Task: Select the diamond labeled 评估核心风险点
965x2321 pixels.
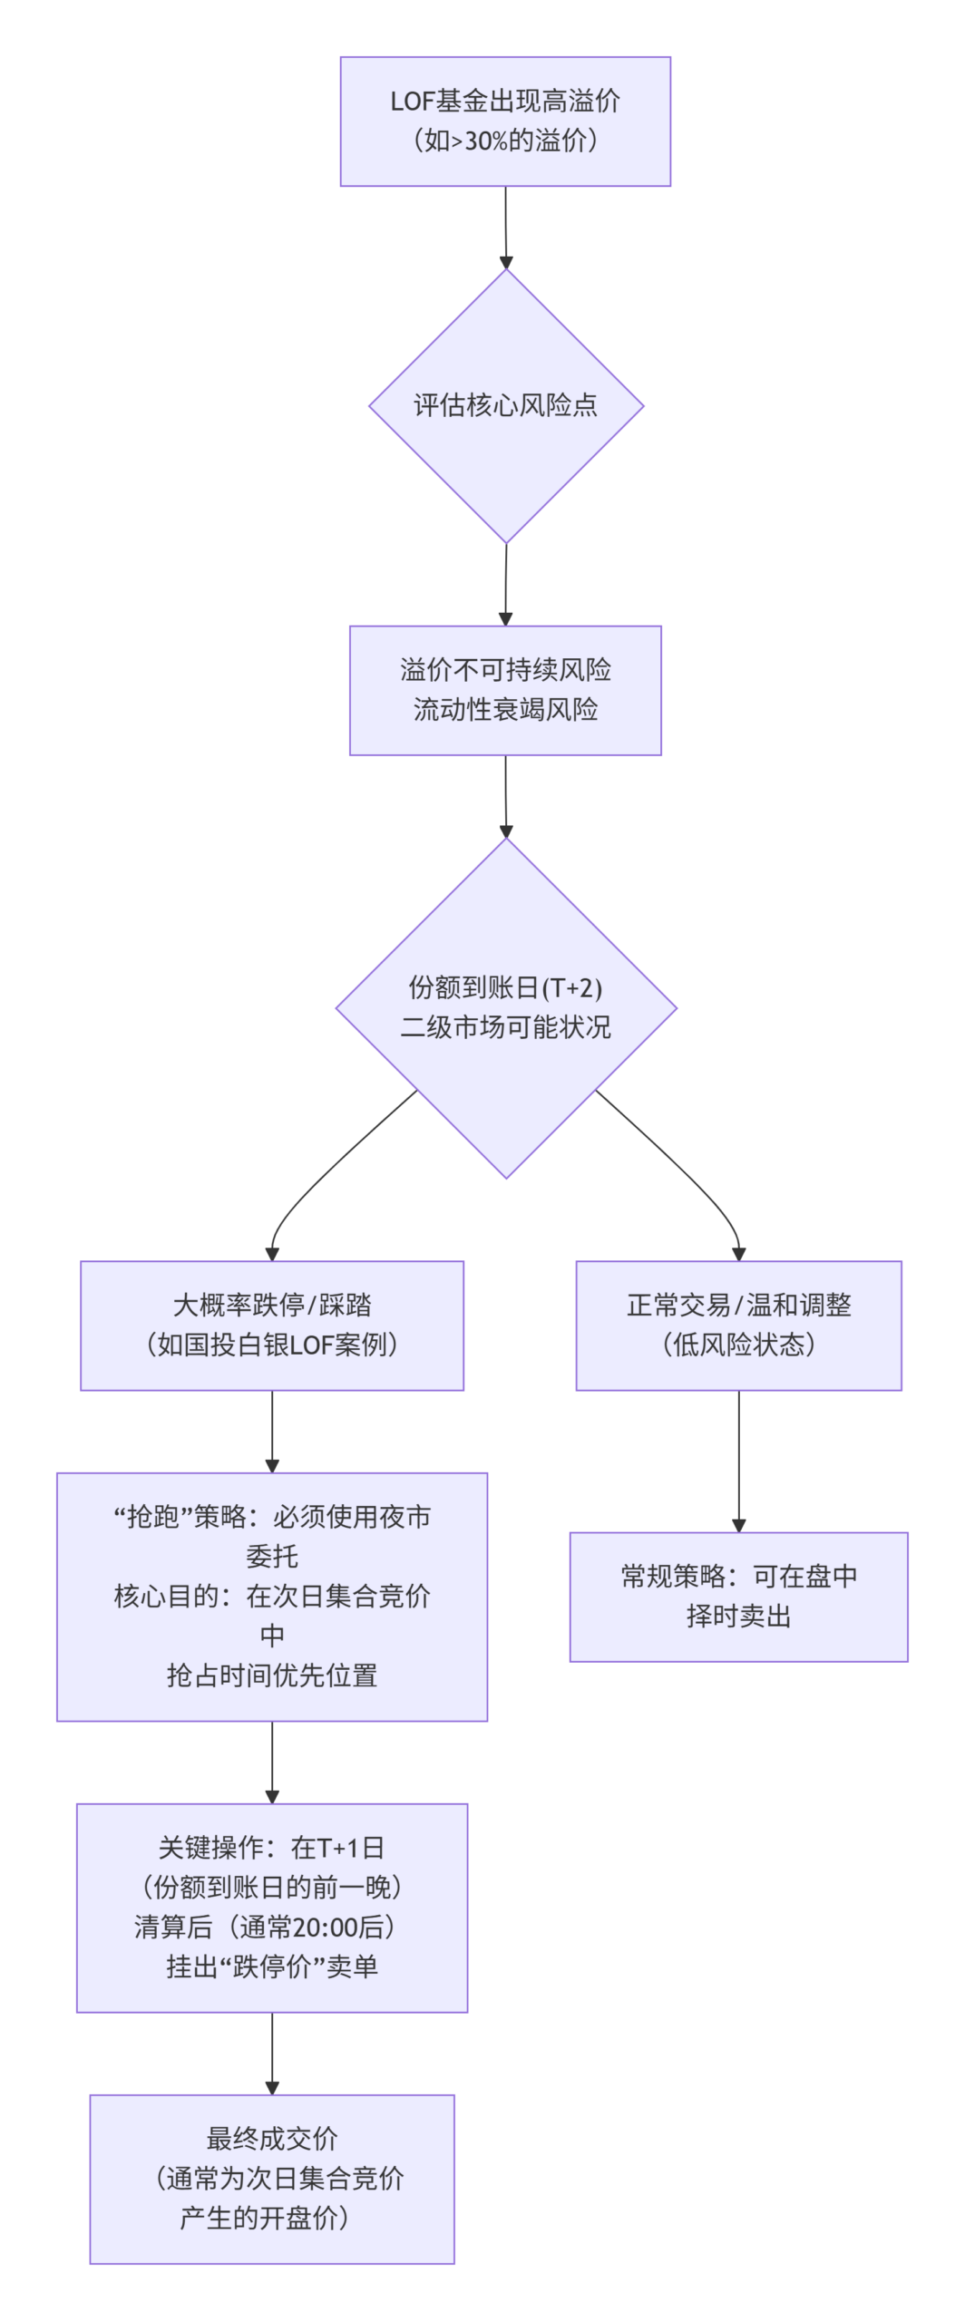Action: click(505, 405)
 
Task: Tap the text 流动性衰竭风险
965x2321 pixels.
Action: click(505, 709)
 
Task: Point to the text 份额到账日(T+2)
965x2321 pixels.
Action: click(505, 987)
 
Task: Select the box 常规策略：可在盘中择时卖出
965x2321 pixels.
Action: click(738, 1597)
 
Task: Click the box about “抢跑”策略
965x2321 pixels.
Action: click(272, 1597)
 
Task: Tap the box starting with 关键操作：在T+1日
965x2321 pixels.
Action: click(272, 1908)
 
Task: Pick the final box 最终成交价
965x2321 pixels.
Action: click(272, 2179)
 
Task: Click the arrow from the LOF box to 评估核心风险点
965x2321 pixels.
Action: click(506, 227)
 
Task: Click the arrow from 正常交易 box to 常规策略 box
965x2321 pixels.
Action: click(738, 1460)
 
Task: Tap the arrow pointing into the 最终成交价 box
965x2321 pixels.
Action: click(272, 2053)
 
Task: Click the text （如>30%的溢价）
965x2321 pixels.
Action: click(505, 141)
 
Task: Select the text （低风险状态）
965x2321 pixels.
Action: click(738, 1345)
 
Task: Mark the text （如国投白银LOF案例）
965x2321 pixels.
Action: click(272, 1345)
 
